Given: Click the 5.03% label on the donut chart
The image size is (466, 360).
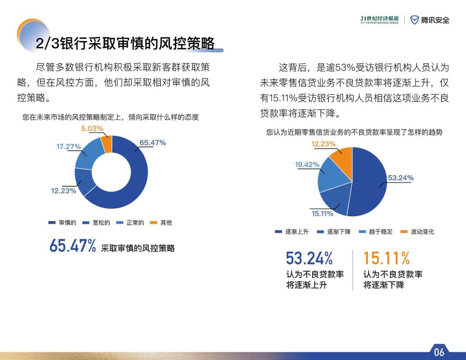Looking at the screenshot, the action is (92, 128).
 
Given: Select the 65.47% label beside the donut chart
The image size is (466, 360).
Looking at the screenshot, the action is (152, 143).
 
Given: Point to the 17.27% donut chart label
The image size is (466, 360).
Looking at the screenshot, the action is (69, 147).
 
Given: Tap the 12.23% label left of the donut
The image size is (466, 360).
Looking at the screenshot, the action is (64, 191).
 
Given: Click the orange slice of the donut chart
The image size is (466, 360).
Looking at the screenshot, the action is (107, 144).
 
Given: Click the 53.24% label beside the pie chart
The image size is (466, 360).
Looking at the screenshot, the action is (400, 178).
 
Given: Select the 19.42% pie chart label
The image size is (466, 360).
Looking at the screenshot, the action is (307, 165).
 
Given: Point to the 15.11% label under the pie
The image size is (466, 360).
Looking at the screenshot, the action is (323, 213).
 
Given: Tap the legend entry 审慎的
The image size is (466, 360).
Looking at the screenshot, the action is (62, 223).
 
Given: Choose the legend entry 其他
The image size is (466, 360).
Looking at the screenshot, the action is (161, 223).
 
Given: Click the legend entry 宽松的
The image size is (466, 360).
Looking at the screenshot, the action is (96, 223).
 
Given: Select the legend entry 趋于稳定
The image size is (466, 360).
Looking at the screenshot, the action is (375, 232).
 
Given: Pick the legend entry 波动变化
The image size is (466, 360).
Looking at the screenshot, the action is (418, 232).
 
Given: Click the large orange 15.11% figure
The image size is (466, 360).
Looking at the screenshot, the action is (386, 258).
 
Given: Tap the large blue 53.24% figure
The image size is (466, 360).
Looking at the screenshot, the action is (309, 258).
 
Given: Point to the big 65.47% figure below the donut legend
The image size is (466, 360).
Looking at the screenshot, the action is (72, 246).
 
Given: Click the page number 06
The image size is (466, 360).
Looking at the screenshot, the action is (439, 352).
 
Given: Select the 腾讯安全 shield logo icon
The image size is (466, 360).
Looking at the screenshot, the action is (414, 20).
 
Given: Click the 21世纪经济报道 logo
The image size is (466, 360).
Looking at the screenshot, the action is (380, 20).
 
